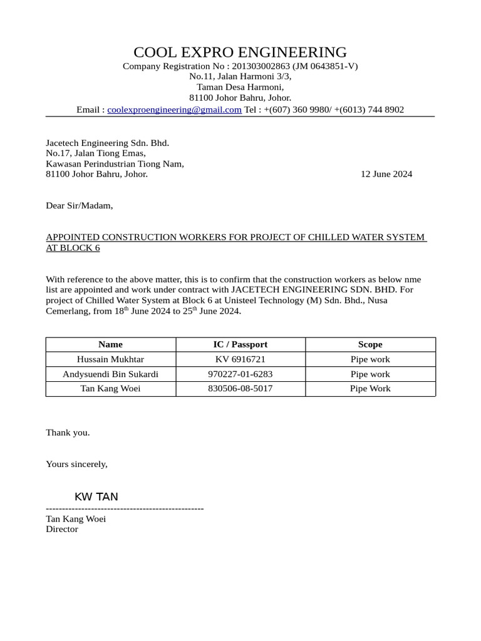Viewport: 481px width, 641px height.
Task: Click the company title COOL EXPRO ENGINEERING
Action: click(x=240, y=52)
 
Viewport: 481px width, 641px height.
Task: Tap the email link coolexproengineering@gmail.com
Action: click(x=174, y=110)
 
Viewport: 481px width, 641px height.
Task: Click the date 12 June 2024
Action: click(x=386, y=174)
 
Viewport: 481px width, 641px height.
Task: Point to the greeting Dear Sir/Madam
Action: click(x=80, y=205)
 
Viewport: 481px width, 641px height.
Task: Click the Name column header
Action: click(x=111, y=344)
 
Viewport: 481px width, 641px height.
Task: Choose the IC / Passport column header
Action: click(x=240, y=344)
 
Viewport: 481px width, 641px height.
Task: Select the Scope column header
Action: click(x=370, y=344)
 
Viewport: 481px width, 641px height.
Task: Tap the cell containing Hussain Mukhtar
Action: click(x=110, y=359)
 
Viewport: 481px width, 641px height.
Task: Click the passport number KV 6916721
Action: click(x=240, y=359)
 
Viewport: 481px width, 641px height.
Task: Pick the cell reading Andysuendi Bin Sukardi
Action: click(x=110, y=374)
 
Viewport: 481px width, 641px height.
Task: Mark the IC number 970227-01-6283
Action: click(x=240, y=374)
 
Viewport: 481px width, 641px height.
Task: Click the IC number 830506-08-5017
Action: click(x=240, y=389)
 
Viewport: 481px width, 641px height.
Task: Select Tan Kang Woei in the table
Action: click(x=110, y=389)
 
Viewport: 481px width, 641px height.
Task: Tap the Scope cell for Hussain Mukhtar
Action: click(x=370, y=359)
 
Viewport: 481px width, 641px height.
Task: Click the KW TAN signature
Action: click(x=96, y=497)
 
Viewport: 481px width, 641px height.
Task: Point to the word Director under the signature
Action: click(x=62, y=529)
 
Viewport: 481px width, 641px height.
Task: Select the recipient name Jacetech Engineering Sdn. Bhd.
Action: click(x=108, y=143)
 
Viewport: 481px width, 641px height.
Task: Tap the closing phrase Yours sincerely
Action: click(x=76, y=464)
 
